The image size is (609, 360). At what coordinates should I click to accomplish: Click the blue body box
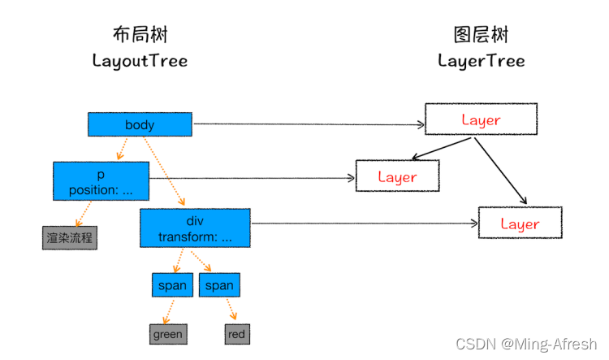coord(140,124)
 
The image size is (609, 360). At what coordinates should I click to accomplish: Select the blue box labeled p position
coord(101,180)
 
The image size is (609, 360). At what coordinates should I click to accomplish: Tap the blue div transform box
coord(195,228)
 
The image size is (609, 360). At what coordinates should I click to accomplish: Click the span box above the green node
coord(172,285)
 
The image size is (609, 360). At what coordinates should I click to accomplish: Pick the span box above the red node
coord(219,285)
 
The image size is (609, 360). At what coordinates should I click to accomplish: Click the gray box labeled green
coord(168,333)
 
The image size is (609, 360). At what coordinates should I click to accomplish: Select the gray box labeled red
coord(236,333)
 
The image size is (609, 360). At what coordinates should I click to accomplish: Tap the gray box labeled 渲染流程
coord(70,238)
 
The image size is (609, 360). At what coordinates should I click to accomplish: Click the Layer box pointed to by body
coord(481,119)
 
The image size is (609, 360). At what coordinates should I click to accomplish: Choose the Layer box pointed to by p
coord(397,176)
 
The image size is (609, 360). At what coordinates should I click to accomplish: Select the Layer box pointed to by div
coord(520,223)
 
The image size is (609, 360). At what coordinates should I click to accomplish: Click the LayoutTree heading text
coord(140,61)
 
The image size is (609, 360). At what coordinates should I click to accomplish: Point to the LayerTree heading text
coord(481,61)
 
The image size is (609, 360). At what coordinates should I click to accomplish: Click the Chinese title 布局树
coord(140,34)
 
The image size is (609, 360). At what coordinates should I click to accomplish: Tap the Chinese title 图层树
coord(481,34)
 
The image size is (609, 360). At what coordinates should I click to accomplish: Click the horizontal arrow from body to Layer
coord(309,124)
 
